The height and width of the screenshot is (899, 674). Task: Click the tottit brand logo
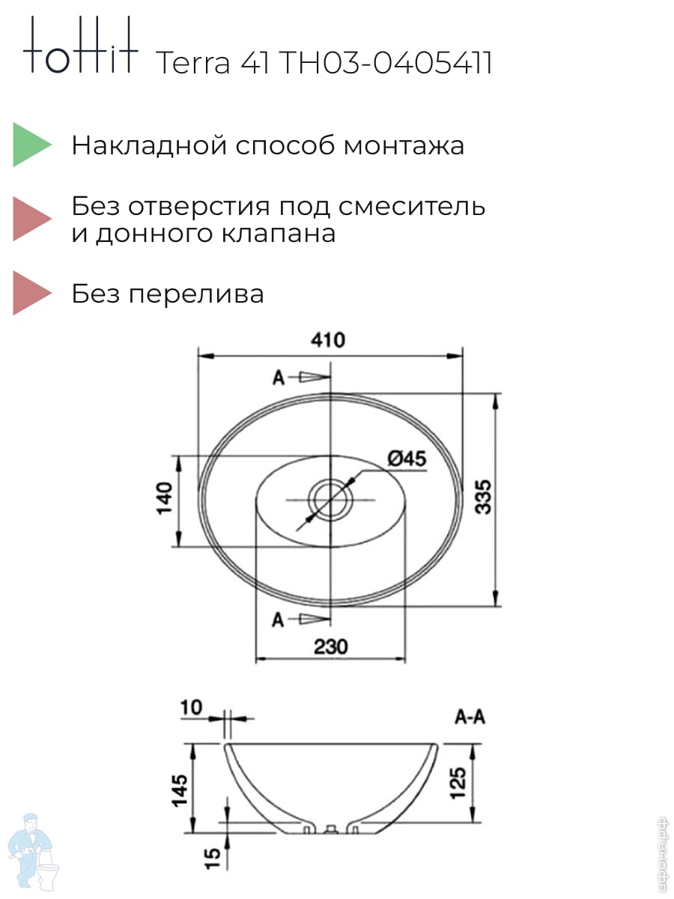pos(81,45)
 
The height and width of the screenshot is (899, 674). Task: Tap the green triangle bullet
pos(32,145)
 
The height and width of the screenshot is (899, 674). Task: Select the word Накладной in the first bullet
pos(149,145)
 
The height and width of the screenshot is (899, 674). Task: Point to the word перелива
pos(196,294)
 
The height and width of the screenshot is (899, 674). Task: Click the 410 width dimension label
pos(328,340)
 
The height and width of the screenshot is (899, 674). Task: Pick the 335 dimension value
pos(483,497)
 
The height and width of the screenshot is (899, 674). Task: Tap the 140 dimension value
pos(165,498)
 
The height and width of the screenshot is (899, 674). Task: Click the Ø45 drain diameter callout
pos(407,458)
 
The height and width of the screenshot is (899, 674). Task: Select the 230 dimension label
pos(331,647)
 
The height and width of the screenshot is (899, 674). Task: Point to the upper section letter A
pos(279,378)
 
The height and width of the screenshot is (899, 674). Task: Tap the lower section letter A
pos(277,620)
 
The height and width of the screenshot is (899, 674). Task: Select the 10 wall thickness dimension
pos(191,707)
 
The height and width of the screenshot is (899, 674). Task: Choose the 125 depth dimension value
pos(458,783)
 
